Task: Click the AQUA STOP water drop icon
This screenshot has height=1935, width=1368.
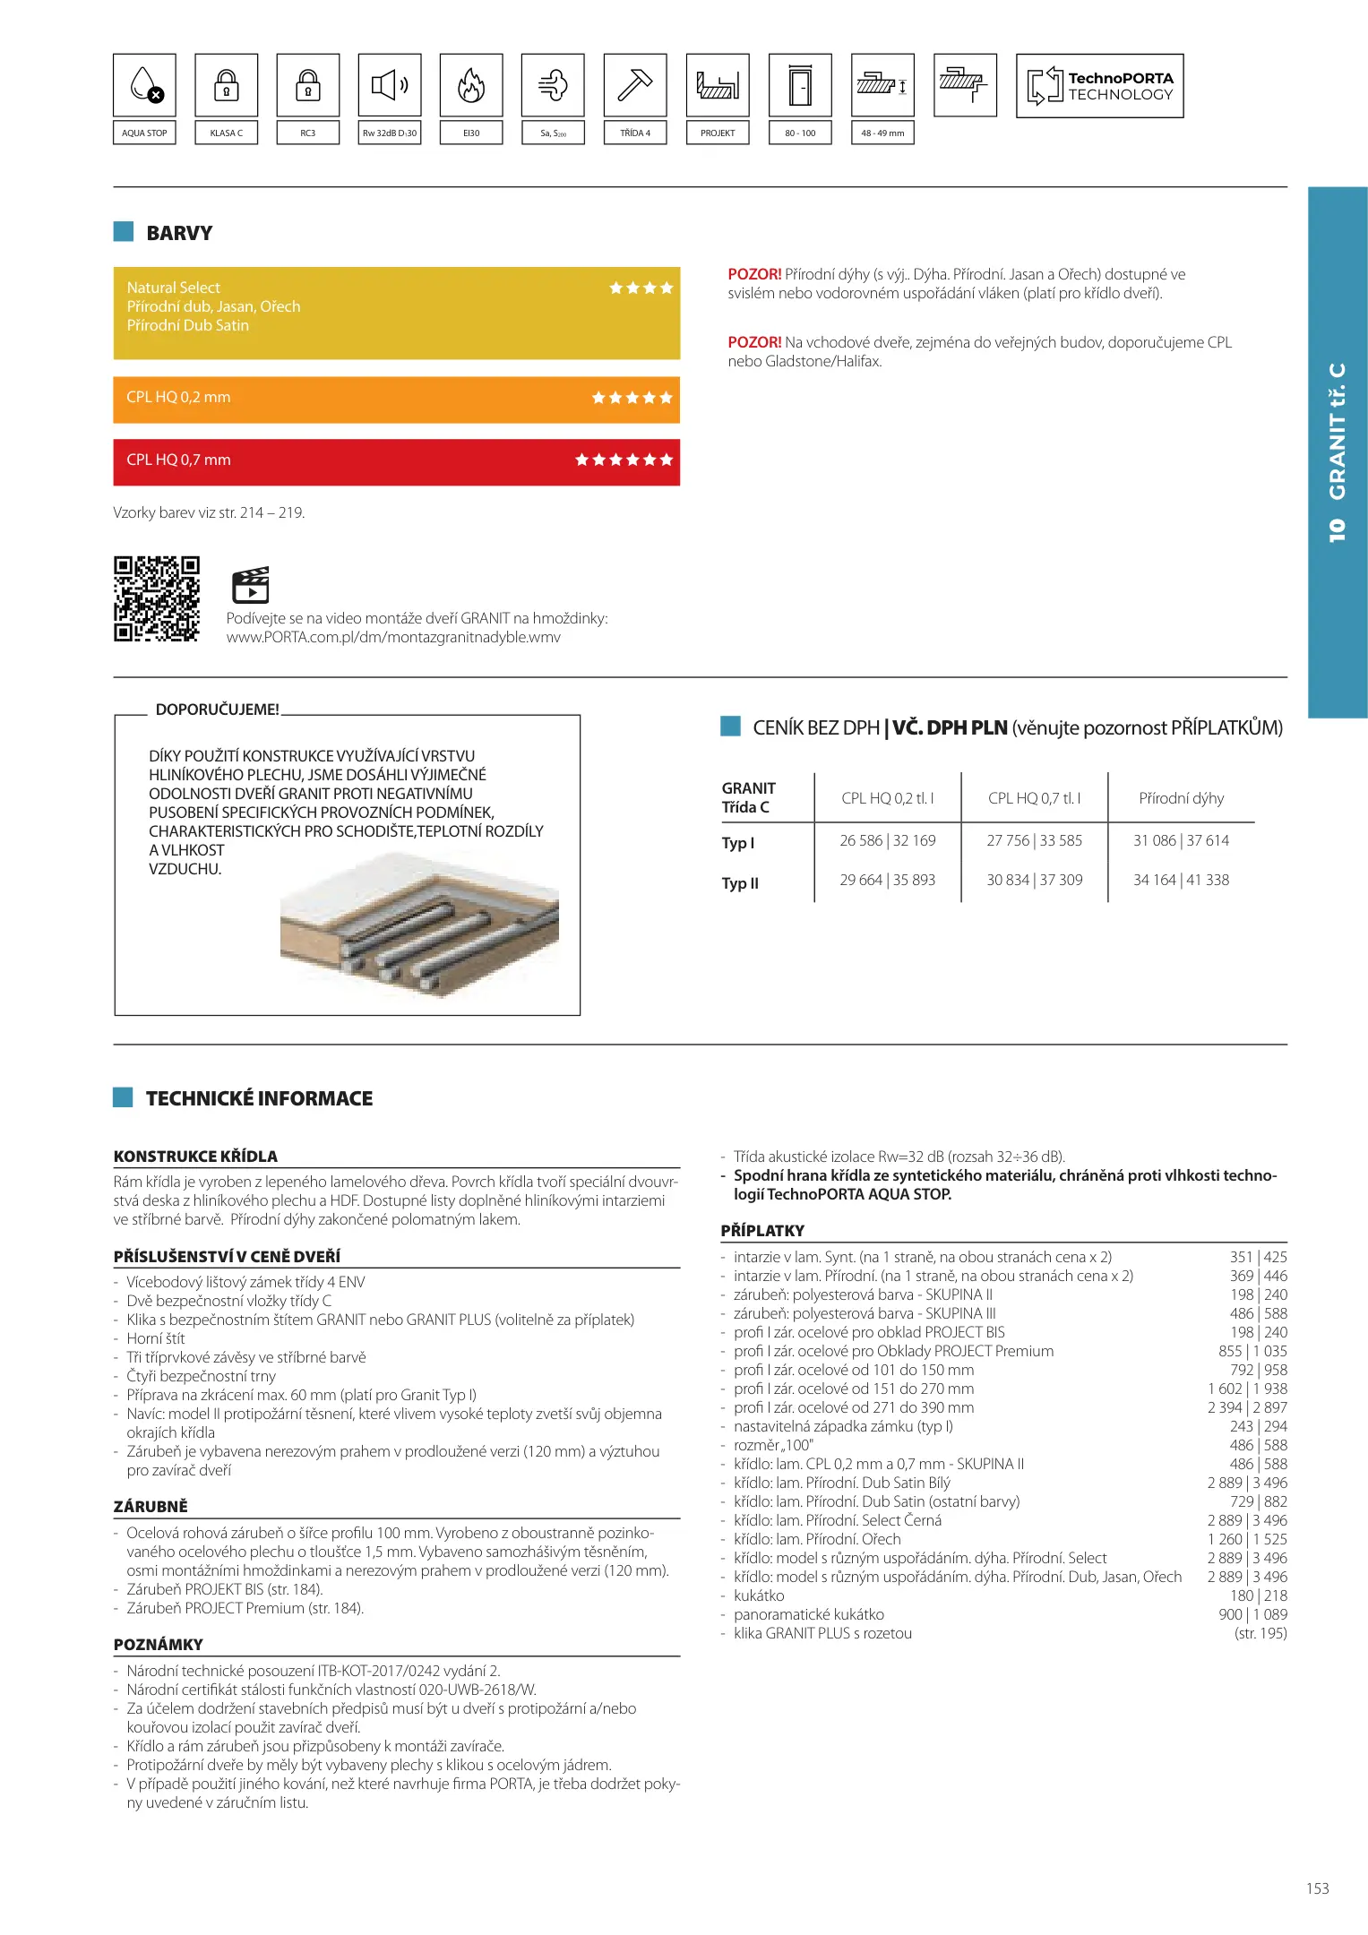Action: (144, 85)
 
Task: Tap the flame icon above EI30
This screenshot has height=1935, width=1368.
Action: (471, 85)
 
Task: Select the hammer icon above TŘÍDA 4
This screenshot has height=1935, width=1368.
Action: (635, 85)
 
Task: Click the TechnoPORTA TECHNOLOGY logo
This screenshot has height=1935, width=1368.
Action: (1099, 86)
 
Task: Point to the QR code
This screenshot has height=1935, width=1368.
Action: (157, 598)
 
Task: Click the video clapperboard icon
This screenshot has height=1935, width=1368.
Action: (251, 585)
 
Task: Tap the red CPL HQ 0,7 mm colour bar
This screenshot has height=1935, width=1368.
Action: (396, 461)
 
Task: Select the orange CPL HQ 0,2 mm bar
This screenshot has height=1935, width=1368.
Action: (396, 399)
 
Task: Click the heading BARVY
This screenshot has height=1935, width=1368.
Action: (179, 233)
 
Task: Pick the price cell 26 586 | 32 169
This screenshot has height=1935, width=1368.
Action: (887, 840)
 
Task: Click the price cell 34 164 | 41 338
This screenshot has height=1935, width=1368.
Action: (1181, 880)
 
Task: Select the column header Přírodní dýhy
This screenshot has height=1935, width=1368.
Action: (1181, 798)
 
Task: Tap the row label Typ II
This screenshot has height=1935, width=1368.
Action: (740, 883)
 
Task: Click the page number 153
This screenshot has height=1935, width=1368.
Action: (1317, 1888)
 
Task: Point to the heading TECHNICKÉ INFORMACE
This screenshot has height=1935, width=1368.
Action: (259, 1098)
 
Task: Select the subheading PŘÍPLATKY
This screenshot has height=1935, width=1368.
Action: (762, 1230)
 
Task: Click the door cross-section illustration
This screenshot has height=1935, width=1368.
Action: (419, 927)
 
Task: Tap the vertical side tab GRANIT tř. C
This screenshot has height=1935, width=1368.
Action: (1337, 451)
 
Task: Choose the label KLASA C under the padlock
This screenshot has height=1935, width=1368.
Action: (226, 133)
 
